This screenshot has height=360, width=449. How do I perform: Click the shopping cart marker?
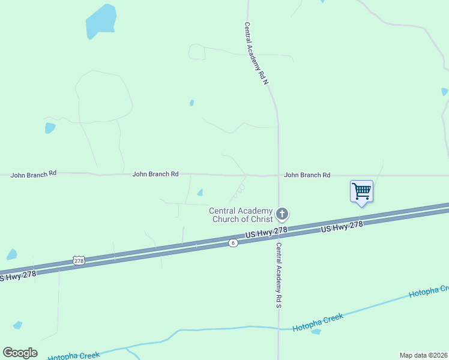click(x=361, y=191)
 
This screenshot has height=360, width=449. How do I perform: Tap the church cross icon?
click(x=282, y=214)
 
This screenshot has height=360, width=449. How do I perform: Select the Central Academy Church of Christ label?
click(x=241, y=215)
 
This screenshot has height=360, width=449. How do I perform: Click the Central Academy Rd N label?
click(x=256, y=54)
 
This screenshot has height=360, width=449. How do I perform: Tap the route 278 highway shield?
click(x=79, y=260)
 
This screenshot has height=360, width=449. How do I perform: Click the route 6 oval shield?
click(x=233, y=242)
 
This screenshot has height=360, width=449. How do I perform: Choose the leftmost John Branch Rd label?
click(x=34, y=173)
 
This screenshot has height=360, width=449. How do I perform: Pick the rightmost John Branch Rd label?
click(x=307, y=175)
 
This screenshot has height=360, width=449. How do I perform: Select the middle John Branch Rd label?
click(x=155, y=174)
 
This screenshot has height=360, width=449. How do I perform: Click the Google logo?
click(x=20, y=353)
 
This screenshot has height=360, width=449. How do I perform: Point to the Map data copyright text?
click(x=423, y=355)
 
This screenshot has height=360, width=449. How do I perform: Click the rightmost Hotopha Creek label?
click(x=428, y=291)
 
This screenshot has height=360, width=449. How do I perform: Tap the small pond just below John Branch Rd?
click(x=200, y=193)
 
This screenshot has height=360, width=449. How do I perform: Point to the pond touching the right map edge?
click(x=445, y=92)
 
